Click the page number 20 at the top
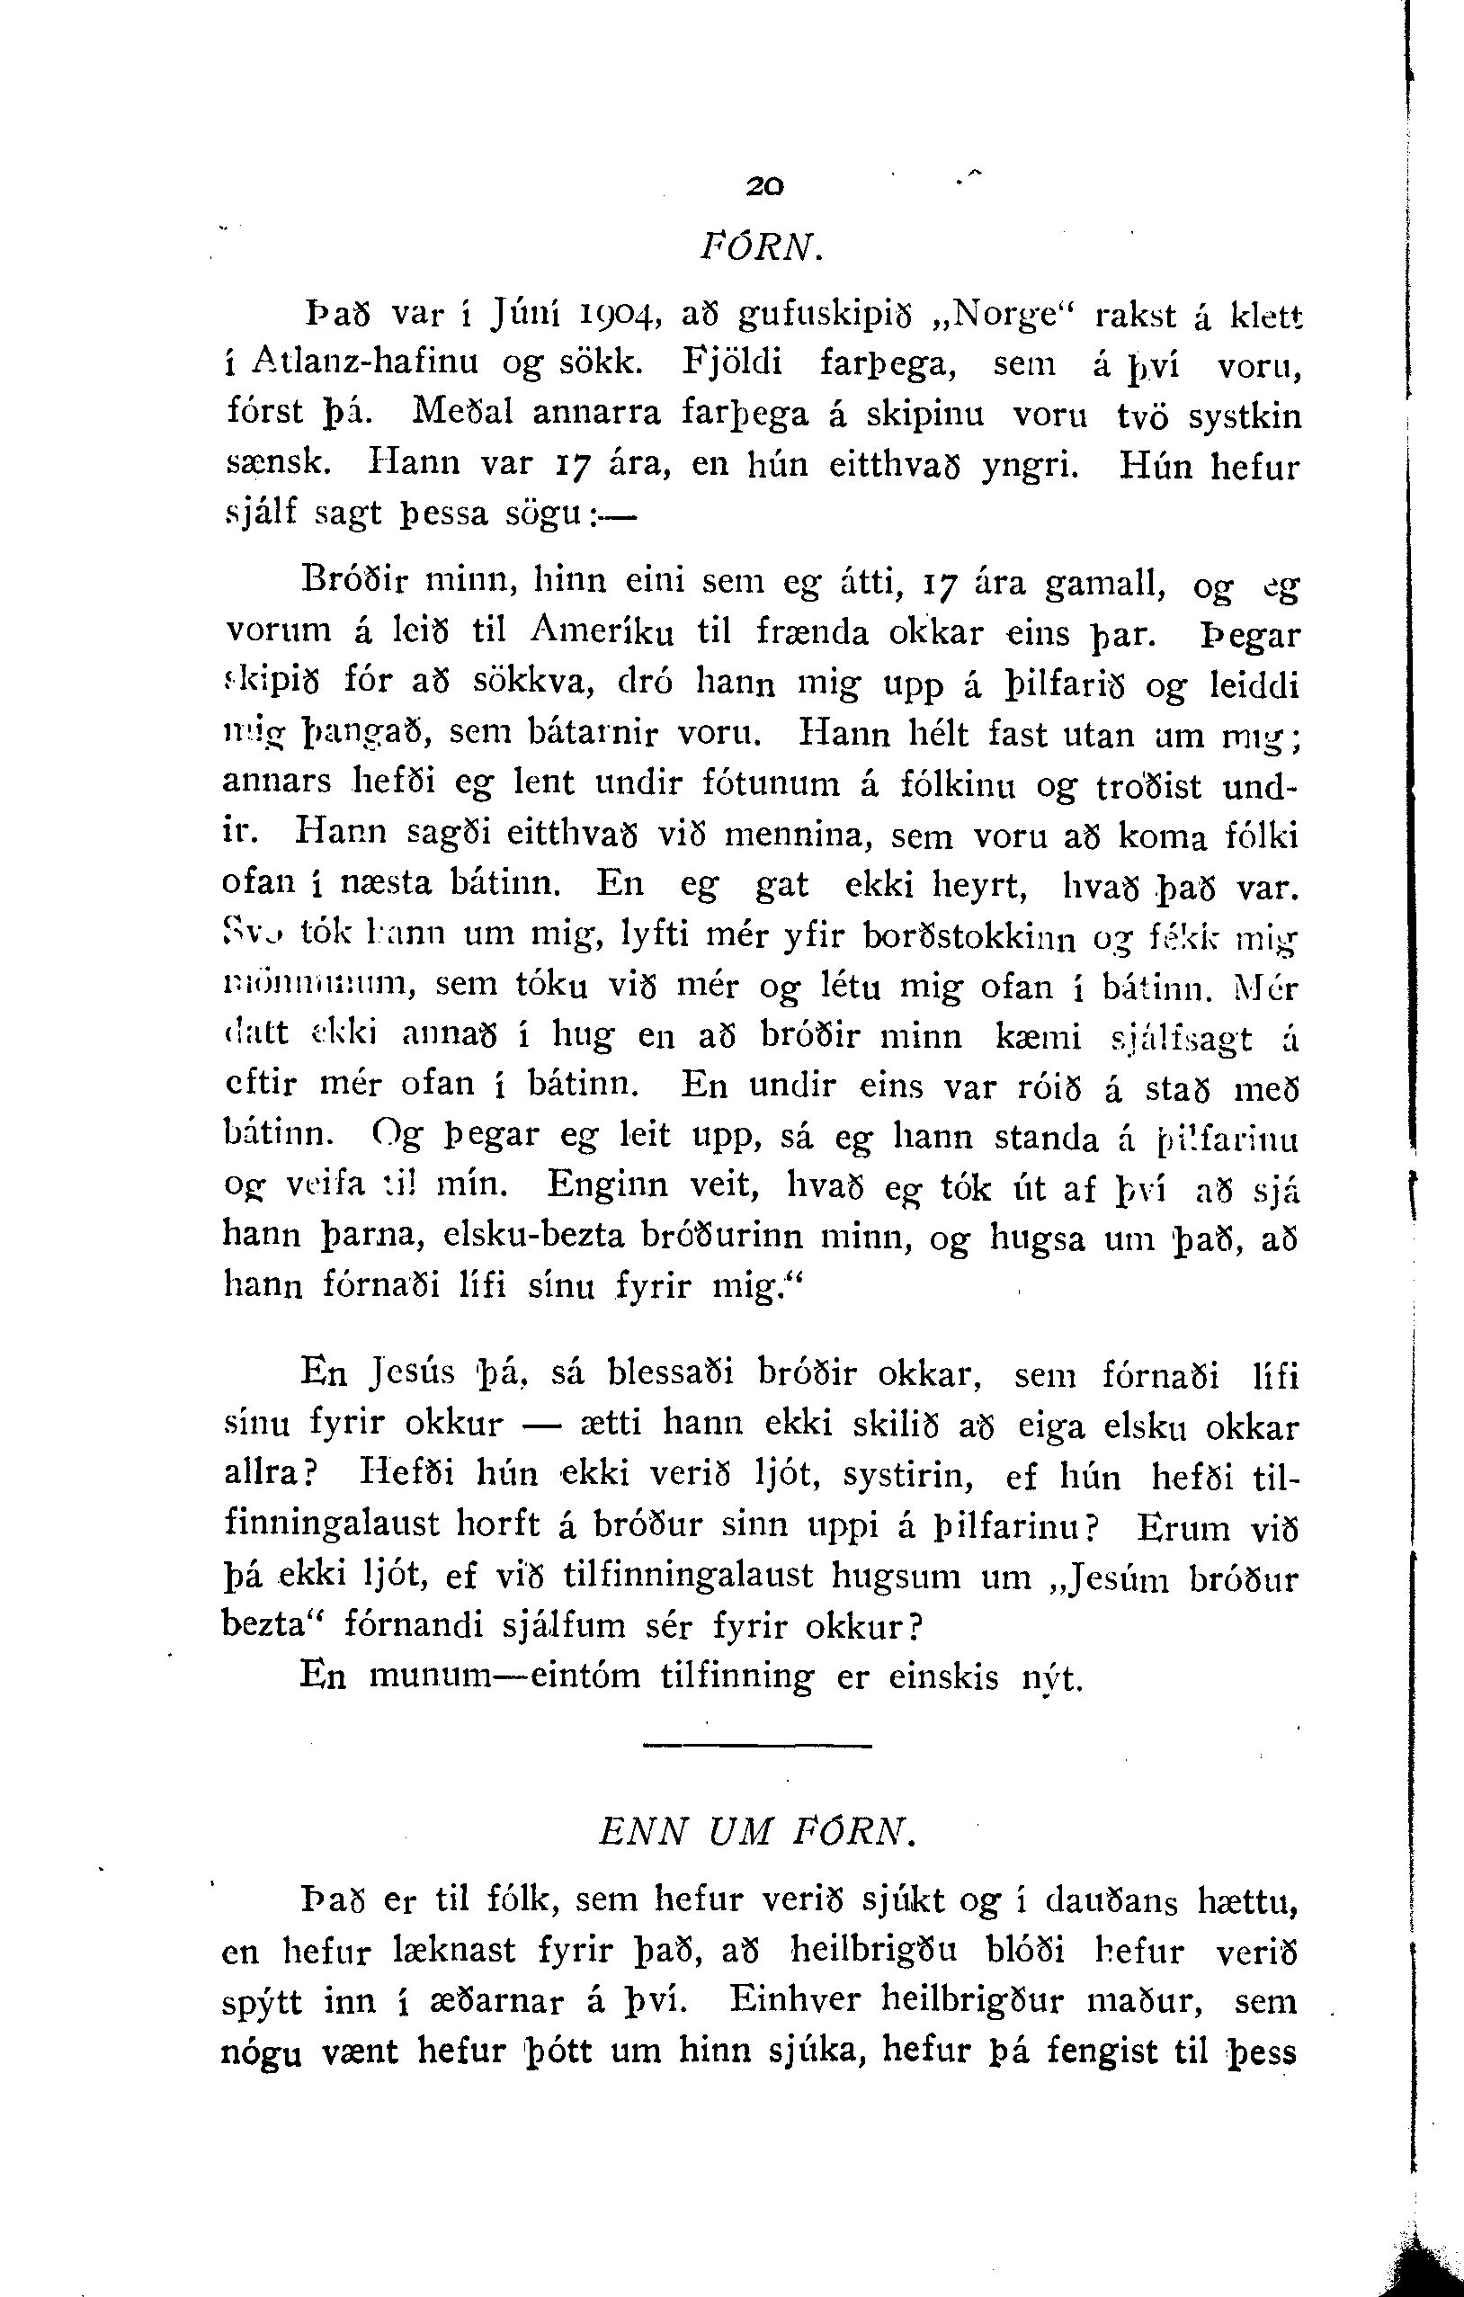click(x=765, y=189)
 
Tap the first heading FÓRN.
click(x=760, y=249)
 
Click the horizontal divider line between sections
click(x=757, y=1746)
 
